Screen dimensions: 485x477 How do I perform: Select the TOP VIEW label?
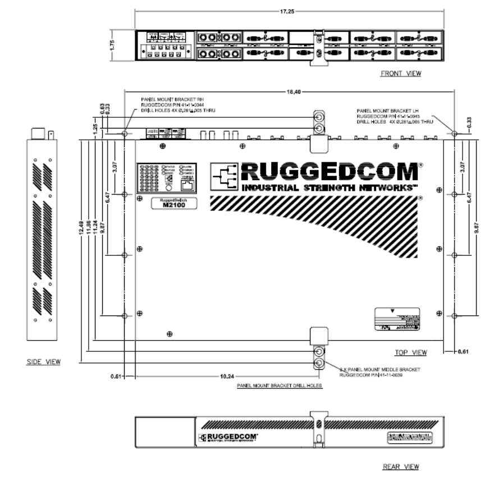pos(411,352)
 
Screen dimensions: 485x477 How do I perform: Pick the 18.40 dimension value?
pos(291,91)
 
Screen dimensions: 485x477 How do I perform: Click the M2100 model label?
pos(169,206)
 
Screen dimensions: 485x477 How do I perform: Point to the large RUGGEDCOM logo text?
pos(329,170)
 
